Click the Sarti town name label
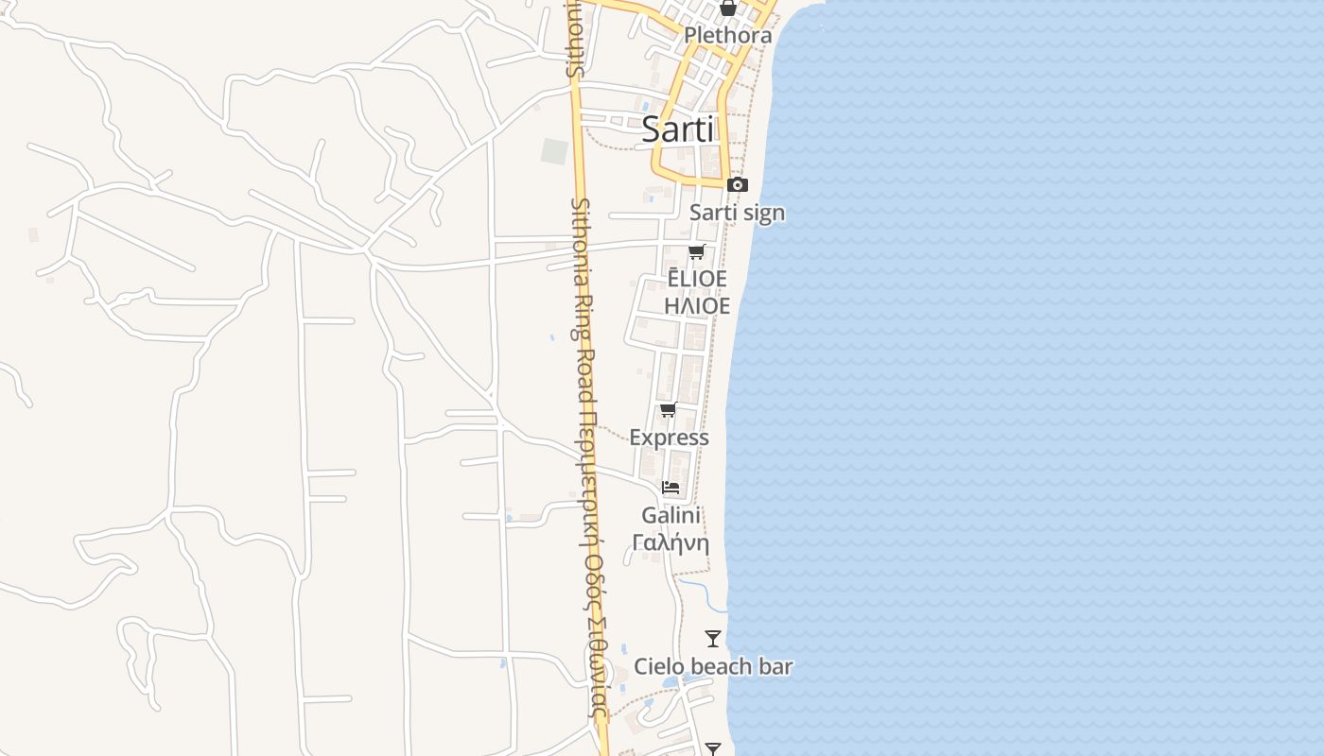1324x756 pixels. click(x=677, y=129)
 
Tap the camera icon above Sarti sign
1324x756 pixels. click(x=737, y=184)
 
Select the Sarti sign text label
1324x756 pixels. click(x=737, y=213)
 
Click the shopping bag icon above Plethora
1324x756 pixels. click(x=727, y=9)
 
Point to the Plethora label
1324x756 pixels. click(x=727, y=36)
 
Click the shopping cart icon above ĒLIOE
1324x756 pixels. click(x=697, y=251)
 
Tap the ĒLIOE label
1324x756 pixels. click(x=697, y=279)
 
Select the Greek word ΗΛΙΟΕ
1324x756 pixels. click(x=697, y=306)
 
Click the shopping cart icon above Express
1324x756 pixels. click(x=669, y=410)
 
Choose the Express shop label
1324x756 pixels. click(x=669, y=438)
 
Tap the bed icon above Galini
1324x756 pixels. click(x=671, y=488)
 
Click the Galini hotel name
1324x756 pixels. click(x=671, y=515)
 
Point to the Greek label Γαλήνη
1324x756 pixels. click(x=671, y=542)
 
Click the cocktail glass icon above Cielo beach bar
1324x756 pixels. click(x=713, y=639)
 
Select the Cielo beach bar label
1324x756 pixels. click(x=713, y=666)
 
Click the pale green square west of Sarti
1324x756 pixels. click(x=554, y=151)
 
